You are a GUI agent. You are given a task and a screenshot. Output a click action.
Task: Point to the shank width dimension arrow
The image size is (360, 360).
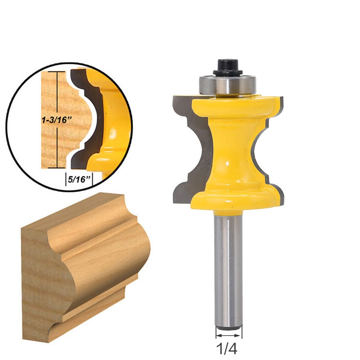pyautogui.click(x=228, y=333)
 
